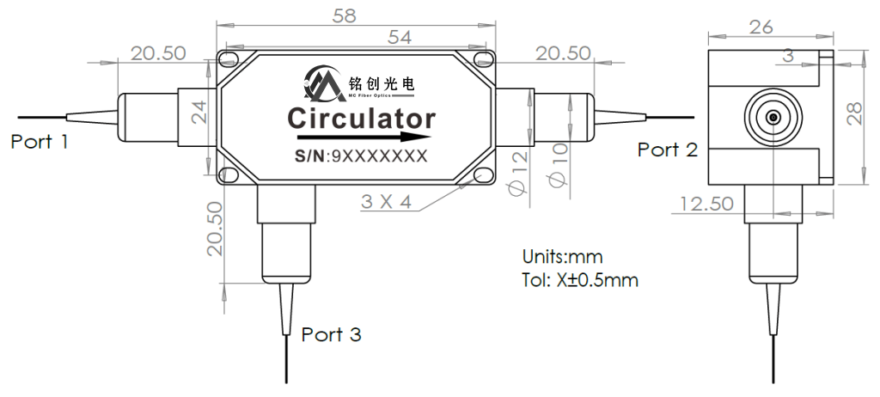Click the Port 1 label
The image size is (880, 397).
tap(39, 142)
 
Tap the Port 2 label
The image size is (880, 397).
tap(667, 150)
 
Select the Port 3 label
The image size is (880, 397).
tap(331, 335)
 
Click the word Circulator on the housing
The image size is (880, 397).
tap(361, 117)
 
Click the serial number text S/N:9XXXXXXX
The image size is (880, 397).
tap(360, 156)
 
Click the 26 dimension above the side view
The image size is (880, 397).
tap(761, 27)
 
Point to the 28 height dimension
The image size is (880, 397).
tap(855, 113)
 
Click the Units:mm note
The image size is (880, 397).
tap(562, 257)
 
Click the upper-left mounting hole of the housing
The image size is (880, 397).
tap(228, 59)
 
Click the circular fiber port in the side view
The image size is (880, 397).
tap(773, 116)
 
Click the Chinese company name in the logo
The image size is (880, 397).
tap(382, 83)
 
